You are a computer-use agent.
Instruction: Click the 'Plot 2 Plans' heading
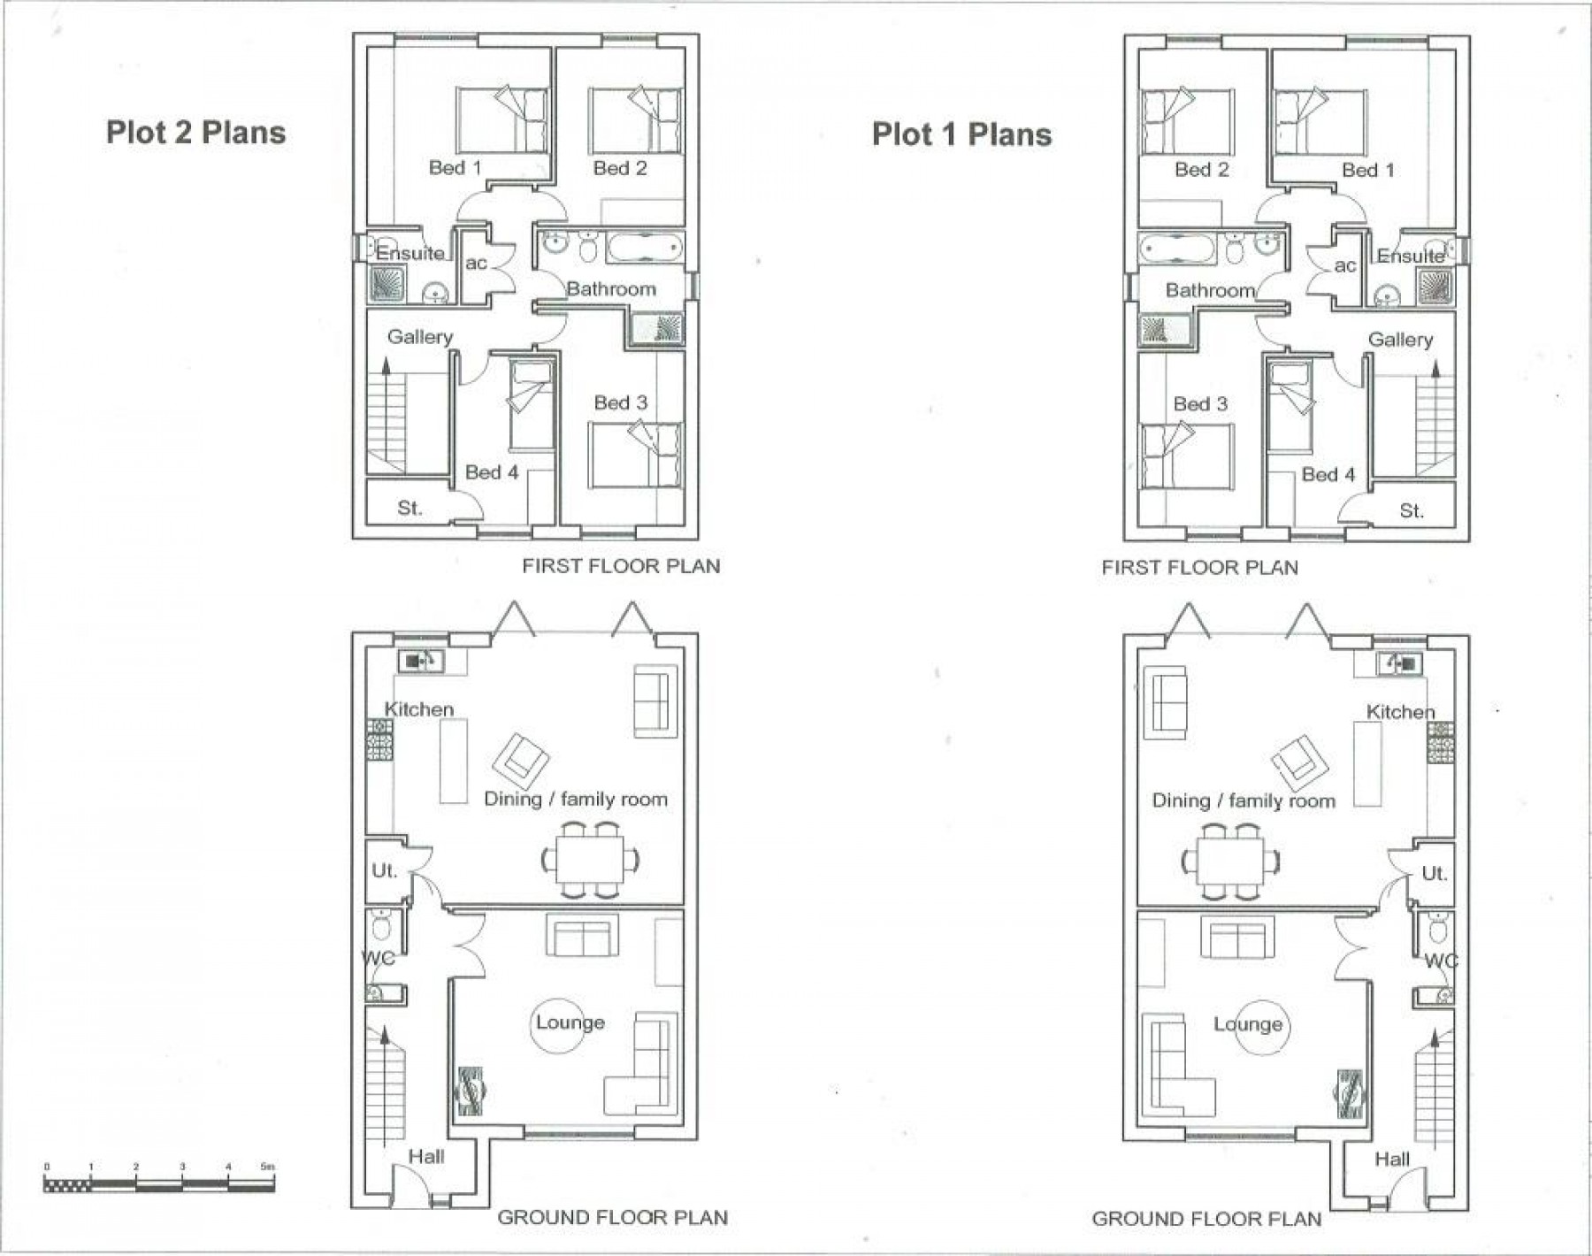click(x=195, y=133)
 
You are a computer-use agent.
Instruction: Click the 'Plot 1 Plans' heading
click(x=961, y=134)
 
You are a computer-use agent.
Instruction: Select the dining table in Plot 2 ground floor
click(x=590, y=859)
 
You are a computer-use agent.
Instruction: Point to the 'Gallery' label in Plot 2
click(x=419, y=337)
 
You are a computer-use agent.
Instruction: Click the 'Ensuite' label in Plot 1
click(x=1411, y=257)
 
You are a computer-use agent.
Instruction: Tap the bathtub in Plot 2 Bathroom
click(x=645, y=247)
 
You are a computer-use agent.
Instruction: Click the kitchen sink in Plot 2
click(x=420, y=661)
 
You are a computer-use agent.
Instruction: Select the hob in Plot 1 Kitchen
click(x=1440, y=742)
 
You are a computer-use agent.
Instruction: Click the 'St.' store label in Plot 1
click(x=1412, y=511)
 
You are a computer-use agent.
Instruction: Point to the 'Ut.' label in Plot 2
click(x=384, y=871)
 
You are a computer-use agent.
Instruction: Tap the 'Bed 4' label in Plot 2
click(x=492, y=472)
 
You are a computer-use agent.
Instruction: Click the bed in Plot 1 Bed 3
click(x=1185, y=456)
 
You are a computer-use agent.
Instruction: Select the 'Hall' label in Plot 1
click(x=1392, y=1160)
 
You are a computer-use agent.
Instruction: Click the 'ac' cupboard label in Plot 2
click(x=476, y=264)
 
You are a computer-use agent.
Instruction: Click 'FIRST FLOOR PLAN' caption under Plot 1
click(x=1199, y=568)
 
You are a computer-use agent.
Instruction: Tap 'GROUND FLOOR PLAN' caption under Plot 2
click(x=612, y=1218)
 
